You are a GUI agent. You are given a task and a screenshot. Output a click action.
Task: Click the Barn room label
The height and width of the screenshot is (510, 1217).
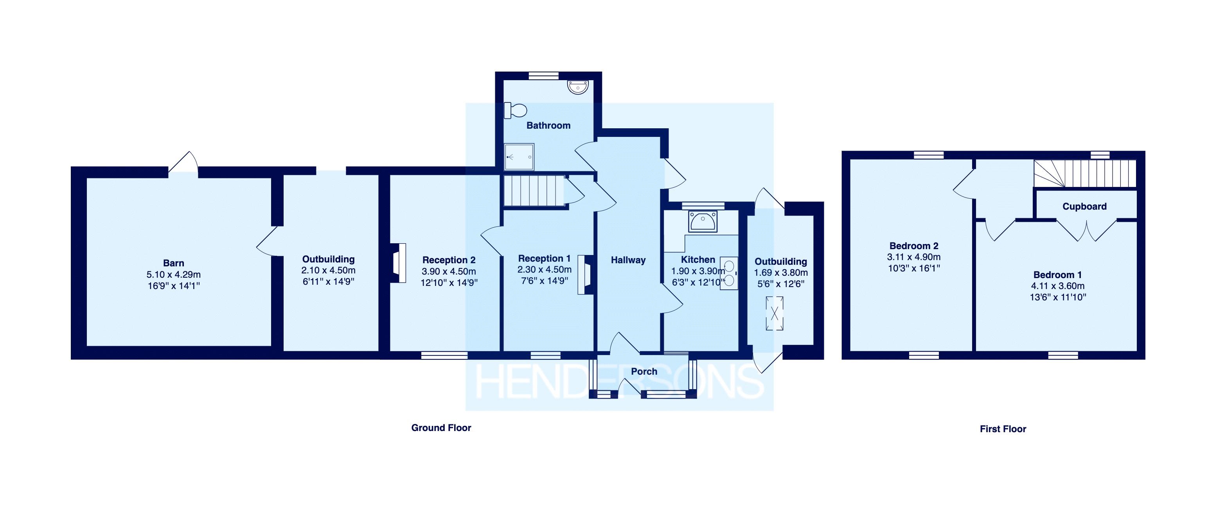coord(173,263)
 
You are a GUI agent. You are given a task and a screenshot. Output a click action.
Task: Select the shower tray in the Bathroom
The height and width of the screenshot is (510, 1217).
coord(519,156)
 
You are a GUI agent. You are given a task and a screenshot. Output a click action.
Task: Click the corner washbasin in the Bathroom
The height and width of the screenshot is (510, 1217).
coord(578,87)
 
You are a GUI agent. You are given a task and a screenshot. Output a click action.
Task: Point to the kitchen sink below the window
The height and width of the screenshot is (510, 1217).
coord(703,221)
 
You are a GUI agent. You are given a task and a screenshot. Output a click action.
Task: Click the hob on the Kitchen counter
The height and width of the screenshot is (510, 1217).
coord(729,273)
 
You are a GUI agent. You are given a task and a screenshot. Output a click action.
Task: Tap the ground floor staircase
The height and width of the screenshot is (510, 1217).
coord(534,191)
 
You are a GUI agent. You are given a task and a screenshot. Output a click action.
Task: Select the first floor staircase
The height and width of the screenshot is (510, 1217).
coord(1085,174)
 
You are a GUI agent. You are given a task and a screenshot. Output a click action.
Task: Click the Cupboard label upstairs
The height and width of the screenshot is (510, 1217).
coord(1084,207)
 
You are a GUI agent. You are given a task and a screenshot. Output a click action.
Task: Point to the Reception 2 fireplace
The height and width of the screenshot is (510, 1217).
coord(399,263)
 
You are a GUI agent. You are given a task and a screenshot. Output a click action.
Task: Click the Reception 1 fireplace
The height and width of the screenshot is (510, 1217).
coord(585,275)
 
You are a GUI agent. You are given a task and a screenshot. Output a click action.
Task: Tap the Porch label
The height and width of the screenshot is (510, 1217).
coord(644,372)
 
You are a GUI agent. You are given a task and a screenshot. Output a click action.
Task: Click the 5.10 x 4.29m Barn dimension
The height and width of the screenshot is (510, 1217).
coord(173,275)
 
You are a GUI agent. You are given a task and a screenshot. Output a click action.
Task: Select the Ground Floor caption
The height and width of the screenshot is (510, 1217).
coord(441,428)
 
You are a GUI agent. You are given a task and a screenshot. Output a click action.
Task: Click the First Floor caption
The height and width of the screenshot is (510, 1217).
coord(1003,429)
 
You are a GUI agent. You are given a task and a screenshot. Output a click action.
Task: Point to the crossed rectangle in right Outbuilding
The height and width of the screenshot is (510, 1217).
coord(774,313)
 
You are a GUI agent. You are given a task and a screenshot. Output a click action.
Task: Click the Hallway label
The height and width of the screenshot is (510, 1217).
coord(628,260)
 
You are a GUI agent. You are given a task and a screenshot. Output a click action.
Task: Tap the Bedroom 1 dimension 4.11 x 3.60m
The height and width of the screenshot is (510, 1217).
coord(1057,286)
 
